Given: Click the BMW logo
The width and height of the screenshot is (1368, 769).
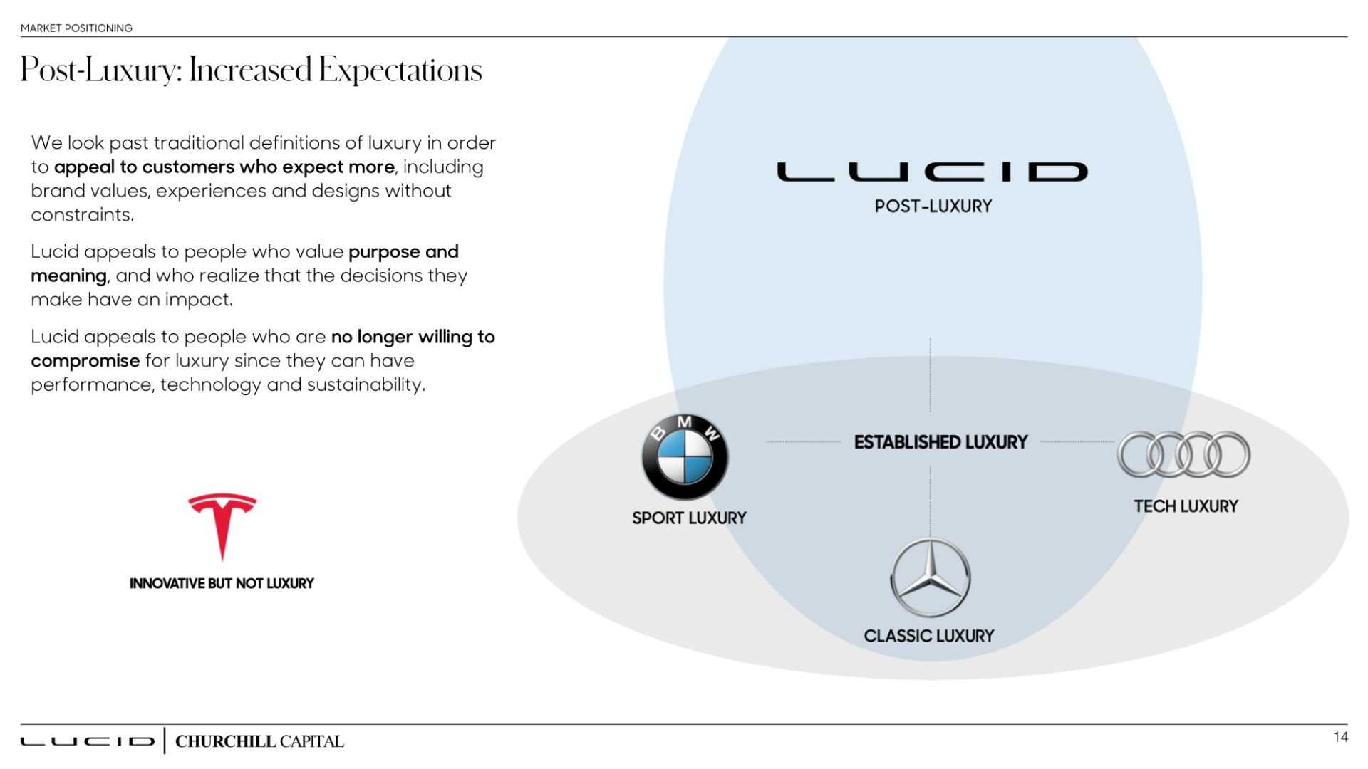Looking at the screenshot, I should coord(685,456).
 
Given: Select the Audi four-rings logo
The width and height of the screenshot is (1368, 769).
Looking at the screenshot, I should coord(1183,454).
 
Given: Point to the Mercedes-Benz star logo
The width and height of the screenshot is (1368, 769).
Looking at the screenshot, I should coord(930,577).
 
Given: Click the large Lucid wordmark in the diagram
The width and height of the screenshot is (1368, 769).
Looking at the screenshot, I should coord(932,172).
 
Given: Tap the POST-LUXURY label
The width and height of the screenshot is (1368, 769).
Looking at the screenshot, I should coord(933,206).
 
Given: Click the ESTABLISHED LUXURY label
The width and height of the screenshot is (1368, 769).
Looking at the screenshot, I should coord(940,442).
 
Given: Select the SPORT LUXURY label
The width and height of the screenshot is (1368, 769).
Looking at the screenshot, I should coord(689,518).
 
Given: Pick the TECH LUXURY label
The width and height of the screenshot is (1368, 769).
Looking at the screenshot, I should coord(1186,506).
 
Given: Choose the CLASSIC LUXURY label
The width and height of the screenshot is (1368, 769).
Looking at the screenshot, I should coord(928,636).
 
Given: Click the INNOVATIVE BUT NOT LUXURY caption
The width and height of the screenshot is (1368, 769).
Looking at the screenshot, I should coord(222,584).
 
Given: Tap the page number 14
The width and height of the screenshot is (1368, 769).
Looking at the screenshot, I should coord(1340,738).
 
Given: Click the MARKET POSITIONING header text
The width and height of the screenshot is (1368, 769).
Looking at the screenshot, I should coord(76,28).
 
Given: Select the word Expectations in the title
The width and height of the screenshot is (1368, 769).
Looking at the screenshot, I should coord(400,70).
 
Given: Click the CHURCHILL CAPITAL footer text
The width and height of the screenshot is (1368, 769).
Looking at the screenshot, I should coord(259,741).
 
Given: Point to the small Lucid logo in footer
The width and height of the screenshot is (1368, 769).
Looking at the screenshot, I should coord(87,741).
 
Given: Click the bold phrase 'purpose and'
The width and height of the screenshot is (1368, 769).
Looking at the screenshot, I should coord(403,252).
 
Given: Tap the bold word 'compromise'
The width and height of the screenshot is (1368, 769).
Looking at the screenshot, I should coord(85,361).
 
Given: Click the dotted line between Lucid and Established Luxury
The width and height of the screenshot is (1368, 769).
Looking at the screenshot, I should coord(930,375).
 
